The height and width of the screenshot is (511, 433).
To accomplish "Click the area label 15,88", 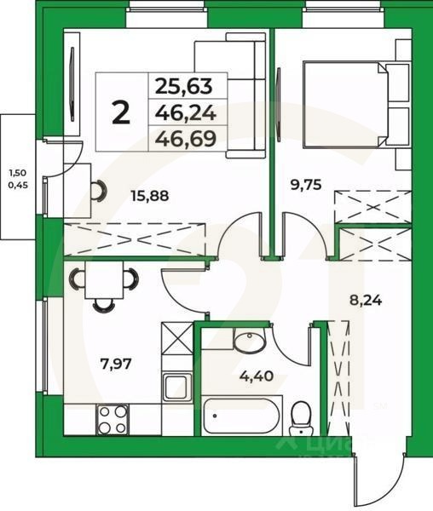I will tap(149, 196).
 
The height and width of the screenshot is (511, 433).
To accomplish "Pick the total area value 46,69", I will tap(184, 135).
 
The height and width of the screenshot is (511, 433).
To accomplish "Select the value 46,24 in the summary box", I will tap(184, 112).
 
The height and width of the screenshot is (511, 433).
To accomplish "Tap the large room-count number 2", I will tap(121, 112).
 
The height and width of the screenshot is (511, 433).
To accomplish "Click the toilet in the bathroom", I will tap(299, 417).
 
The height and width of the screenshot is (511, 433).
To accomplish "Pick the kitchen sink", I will tap(176, 388).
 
